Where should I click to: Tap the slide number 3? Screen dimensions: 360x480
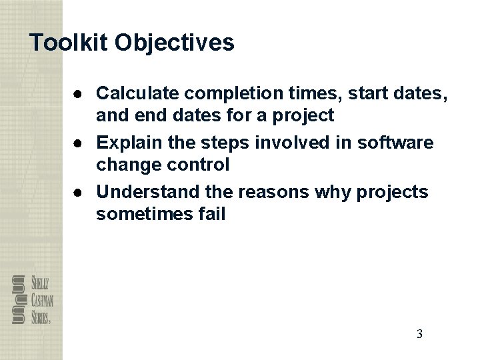[x=419, y=334]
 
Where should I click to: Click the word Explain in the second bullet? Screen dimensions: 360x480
[x=126, y=143]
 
